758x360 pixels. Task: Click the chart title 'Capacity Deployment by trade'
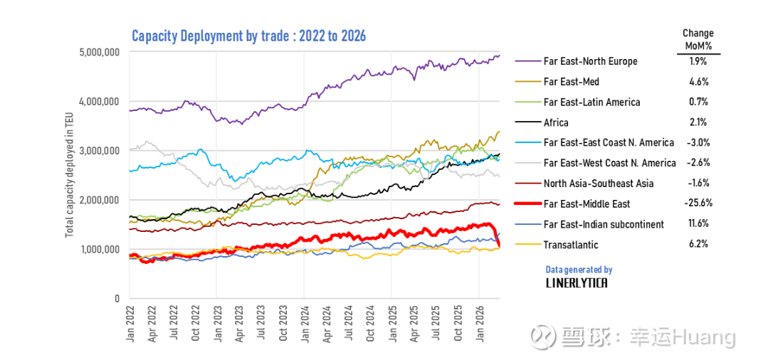(x=248, y=36)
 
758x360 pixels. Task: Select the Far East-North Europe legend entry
(x=590, y=61)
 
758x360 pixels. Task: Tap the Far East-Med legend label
(x=572, y=82)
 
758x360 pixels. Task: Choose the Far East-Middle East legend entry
(x=586, y=204)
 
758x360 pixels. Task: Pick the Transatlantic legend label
(x=570, y=245)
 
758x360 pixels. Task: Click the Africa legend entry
(x=556, y=122)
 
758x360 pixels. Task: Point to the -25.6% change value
(x=698, y=203)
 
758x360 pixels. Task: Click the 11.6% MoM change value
(x=698, y=224)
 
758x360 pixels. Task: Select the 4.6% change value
(x=698, y=82)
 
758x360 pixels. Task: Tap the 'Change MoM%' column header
(x=698, y=39)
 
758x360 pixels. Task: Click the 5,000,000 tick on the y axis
(x=99, y=52)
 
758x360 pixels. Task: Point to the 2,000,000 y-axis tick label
(x=99, y=200)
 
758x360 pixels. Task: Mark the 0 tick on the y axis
(x=115, y=298)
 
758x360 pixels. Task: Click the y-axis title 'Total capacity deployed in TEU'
(x=70, y=175)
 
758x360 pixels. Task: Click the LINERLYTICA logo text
(x=577, y=282)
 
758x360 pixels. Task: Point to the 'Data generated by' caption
(x=579, y=270)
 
